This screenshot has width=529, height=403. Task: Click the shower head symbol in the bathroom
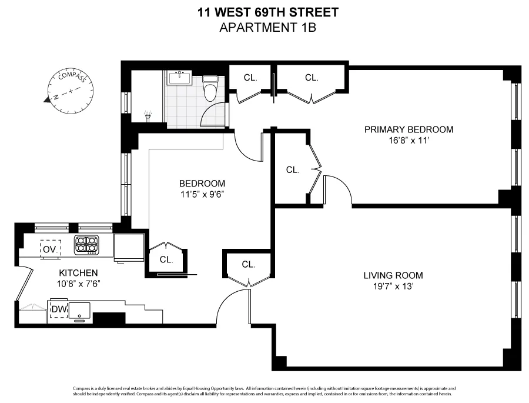pyautogui.click(x=148, y=115)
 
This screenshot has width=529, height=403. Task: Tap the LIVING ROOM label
pyautogui.click(x=393, y=275)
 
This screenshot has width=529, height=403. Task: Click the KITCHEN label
pyautogui.click(x=78, y=273)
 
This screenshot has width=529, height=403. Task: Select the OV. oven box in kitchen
pyautogui.click(x=49, y=248)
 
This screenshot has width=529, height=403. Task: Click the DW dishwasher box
pyautogui.click(x=59, y=309)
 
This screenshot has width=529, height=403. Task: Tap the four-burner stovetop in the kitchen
pyautogui.click(x=86, y=244)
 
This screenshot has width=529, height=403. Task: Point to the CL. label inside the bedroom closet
pyautogui.click(x=166, y=259)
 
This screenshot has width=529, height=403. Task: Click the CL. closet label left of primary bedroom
pyautogui.click(x=292, y=169)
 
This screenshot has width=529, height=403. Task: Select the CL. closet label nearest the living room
pyautogui.click(x=248, y=264)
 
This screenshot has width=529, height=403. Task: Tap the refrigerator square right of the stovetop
pyautogui.click(x=129, y=247)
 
